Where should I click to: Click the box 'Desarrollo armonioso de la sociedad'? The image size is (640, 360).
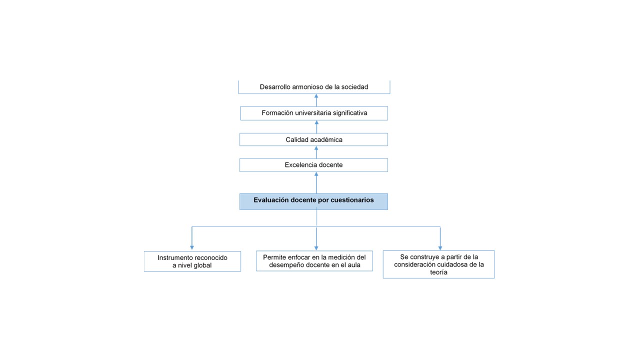314,87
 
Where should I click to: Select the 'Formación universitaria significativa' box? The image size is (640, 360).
314,113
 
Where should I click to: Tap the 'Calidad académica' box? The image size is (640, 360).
313,139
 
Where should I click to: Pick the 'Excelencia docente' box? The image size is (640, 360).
313,165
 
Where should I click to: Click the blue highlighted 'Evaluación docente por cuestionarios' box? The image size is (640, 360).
313,201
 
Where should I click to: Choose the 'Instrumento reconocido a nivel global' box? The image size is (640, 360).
192,261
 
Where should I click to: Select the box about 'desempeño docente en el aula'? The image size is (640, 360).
314,261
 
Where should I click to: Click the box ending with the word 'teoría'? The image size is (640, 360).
438,264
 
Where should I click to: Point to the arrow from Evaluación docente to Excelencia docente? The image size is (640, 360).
316,182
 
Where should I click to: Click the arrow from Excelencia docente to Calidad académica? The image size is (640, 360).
316,152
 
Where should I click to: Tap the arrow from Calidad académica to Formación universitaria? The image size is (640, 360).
316,127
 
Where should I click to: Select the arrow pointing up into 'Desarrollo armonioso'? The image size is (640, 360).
316,100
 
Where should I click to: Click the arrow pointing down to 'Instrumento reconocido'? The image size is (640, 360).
192,238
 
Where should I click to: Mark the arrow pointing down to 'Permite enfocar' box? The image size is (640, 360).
316,238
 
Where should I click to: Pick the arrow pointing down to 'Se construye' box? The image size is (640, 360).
440,238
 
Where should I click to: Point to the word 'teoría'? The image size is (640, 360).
438,272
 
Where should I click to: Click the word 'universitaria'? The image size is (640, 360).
313,113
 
